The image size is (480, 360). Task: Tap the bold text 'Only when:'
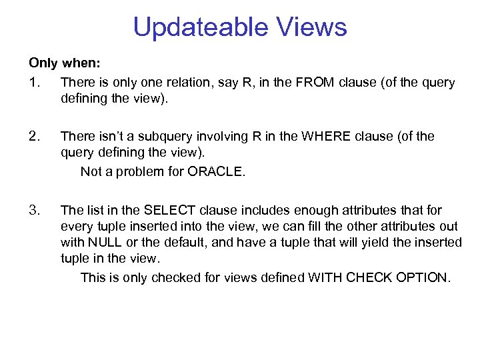pos(65,63)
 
